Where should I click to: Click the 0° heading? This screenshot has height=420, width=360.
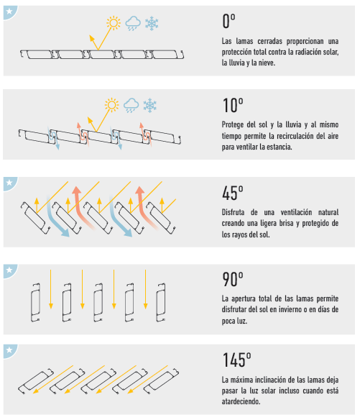[229, 21]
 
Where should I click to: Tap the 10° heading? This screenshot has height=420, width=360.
[233, 105]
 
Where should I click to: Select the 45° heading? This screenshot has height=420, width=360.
[233, 193]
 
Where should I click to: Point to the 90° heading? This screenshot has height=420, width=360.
[233, 279]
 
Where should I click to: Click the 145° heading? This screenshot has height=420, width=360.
[237, 360]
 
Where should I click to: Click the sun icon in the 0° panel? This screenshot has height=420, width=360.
[114, 23]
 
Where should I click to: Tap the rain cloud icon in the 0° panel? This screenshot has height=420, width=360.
[133, 23]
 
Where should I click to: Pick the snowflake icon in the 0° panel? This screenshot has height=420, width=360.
[152, 23]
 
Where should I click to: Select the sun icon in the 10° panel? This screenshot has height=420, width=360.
[111, 105]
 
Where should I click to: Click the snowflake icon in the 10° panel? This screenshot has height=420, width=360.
[150, 105]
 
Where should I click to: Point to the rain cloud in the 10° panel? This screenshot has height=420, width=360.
[131, 105]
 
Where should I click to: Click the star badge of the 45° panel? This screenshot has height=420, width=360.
[10, 183]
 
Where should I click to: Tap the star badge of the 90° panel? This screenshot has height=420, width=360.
[10, 270]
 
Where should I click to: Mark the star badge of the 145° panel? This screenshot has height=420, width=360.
[10, 351]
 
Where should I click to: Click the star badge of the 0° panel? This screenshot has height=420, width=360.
[10, 12]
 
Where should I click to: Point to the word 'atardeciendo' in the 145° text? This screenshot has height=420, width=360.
[241, 401]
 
